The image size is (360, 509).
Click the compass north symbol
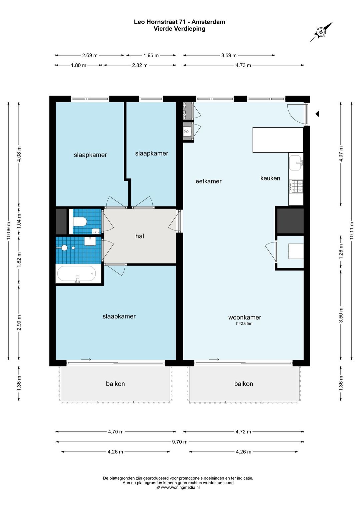click(x=321, y=32)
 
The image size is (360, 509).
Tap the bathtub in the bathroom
click(x=76, y=273)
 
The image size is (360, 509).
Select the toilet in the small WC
click(x=80, y=221)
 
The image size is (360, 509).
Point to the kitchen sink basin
click(x=296, y=163)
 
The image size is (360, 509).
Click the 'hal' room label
click(x=140, y=236)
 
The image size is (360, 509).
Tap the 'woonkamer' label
click(x=245, y=317)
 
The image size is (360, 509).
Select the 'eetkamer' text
click(x=209, y=181)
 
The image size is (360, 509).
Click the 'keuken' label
click(x=270, y=178)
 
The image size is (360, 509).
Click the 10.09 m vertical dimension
click(x=9, y=230)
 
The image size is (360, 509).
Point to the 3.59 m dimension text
click(x=229, y=55)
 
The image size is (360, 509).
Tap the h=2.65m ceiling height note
click(x=244, y=323)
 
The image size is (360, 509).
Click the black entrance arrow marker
click(x=317, y=114)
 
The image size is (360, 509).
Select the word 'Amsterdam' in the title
click(x=208, y=22)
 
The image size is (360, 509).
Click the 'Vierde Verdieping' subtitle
click(x=179, y=29)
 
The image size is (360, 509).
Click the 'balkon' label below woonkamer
click(x=244, y=384)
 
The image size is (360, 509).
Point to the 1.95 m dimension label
click(x=151, y=55)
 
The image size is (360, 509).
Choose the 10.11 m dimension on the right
click(x=352, y=230)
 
